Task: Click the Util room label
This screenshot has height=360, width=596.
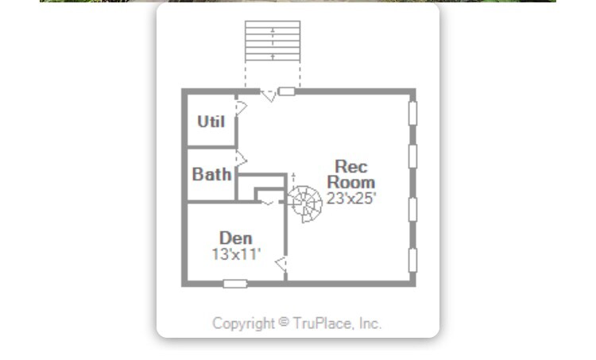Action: tap(211, 122)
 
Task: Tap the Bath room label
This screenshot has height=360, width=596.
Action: tap(211, 174)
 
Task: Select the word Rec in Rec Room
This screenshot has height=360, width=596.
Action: tap(350, 166)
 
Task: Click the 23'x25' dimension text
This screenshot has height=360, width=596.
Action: tap(350, 198)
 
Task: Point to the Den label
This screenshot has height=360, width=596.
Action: tap(235, 238)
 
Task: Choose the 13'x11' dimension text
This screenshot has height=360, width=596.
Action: tap(236, 254)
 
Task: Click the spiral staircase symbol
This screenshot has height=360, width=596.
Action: tap(304, 203)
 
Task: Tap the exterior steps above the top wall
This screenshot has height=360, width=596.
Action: tap(273, 41)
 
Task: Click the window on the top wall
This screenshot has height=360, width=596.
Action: tap(287, 91)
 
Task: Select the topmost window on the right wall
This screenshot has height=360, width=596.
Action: tap(412, 111)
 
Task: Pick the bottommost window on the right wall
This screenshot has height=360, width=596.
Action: tap(412, 260)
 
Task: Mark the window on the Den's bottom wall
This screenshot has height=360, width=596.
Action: tap(235, 283)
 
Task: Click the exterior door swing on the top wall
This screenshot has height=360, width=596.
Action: tap(269, 95)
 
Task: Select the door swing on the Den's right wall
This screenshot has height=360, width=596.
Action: tap(281, 263)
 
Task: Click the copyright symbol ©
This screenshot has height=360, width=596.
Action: tap(284, 323)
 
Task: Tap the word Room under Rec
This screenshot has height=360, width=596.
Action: tap(350, 182)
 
